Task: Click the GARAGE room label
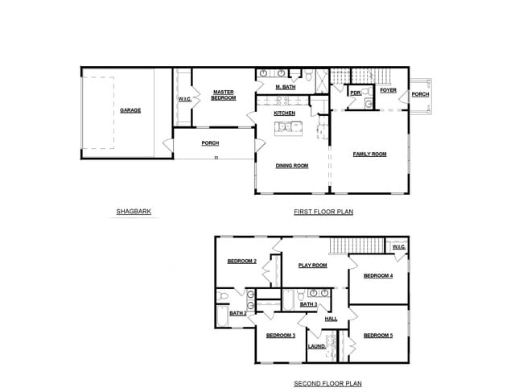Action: (x=130, y=110)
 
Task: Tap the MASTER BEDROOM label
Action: (x=223, y=95)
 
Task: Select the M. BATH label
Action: (x=284, y=86)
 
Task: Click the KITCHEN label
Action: (x=284, y=113)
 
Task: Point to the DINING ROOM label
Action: (x=292, y=166)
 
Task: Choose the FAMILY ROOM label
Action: (x=369, y=154)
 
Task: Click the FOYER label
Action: (x=389, y=90)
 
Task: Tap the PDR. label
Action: (x=356, y=93)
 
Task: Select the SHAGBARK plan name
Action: (x=134, y=213)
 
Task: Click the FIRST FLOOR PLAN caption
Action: (x=323, y=213)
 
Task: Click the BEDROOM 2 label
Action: (x=241, y=261)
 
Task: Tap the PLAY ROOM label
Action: (x=313, y=265)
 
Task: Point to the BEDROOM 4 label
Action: (x=377, y=276)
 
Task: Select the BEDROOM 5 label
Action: (x=377, y=335)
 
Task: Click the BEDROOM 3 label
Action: (x=281, y=335)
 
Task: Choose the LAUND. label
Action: (x=316, y=346)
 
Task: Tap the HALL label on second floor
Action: (x=331, y=319)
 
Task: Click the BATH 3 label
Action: (x=309, y=305)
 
